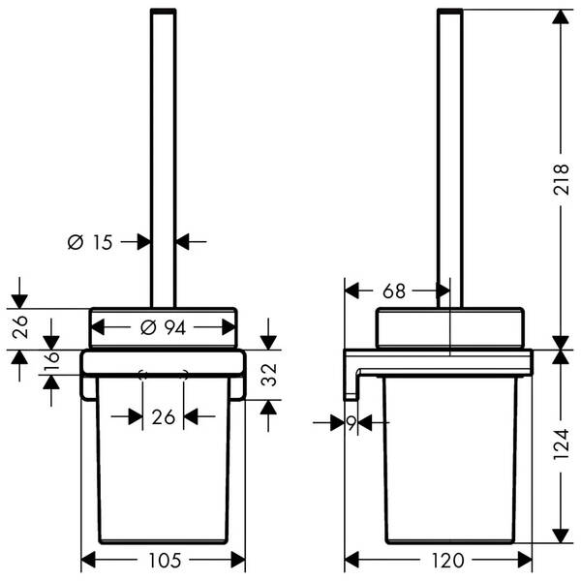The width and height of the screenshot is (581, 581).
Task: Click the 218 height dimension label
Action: [561, 179]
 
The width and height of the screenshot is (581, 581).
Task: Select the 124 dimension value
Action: [561, 444]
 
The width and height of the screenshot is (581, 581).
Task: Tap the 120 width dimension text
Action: [447, 561]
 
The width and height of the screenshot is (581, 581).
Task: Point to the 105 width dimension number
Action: [165, 561]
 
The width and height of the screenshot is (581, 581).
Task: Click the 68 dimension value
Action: [394, 290]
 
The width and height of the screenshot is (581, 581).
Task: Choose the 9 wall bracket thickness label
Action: [352, 422]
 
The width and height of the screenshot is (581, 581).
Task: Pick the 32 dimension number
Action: [269, 375]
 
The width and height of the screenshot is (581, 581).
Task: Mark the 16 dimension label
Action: [51, 361]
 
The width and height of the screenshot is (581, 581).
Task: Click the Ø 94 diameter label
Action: [164, 327]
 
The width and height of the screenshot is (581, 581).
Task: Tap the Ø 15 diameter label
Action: [90, 242]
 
